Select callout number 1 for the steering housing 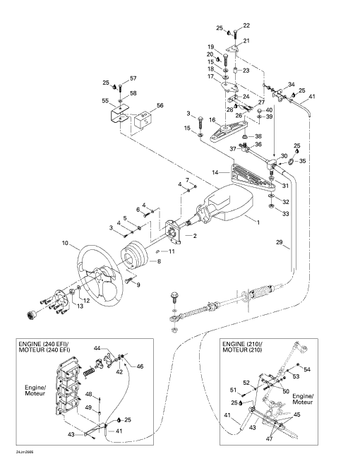pyautogui.click(x=258, y=222)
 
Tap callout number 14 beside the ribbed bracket pyautogui.click(x=215, y=172)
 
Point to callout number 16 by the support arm pyautogui.click(x=212, y=120)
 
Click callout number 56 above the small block pyautogui.click(x=160, y=105)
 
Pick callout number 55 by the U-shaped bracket pyautogui.click(x=105, y=101)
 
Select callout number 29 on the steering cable pyautogui.click(x=280, y=242)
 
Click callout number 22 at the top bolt pyautogui.click(x=246, y=25)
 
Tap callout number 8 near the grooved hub pyautogui.click(x=160, y=261)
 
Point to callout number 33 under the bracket pyautogui.click(x=285, y=214)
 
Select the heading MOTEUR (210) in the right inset pyautogui.click(x=242, y=349)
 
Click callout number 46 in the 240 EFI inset pyautogui.click(x=140, y=366)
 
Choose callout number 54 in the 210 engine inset pyautogui.click(x=307, y=369)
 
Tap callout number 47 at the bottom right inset pyautogui.click(x=269, y=438)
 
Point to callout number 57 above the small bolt pyautogui.click(x=133, y=78)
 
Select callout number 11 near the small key pyautogui.click(x=172, y=251)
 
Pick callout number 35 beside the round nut pyautogui.click(x=302, y=161)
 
